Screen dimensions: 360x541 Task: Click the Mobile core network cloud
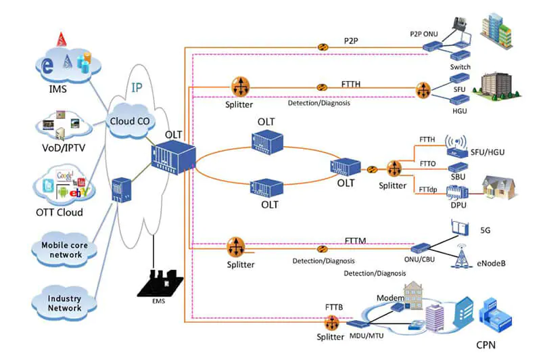pyautogui.click(x=62, y=250)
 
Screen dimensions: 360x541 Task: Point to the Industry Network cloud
pyautogui.click(x=64, y=303)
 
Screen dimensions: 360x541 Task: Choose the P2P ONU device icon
pyautogui.click(x=430, y=47)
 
